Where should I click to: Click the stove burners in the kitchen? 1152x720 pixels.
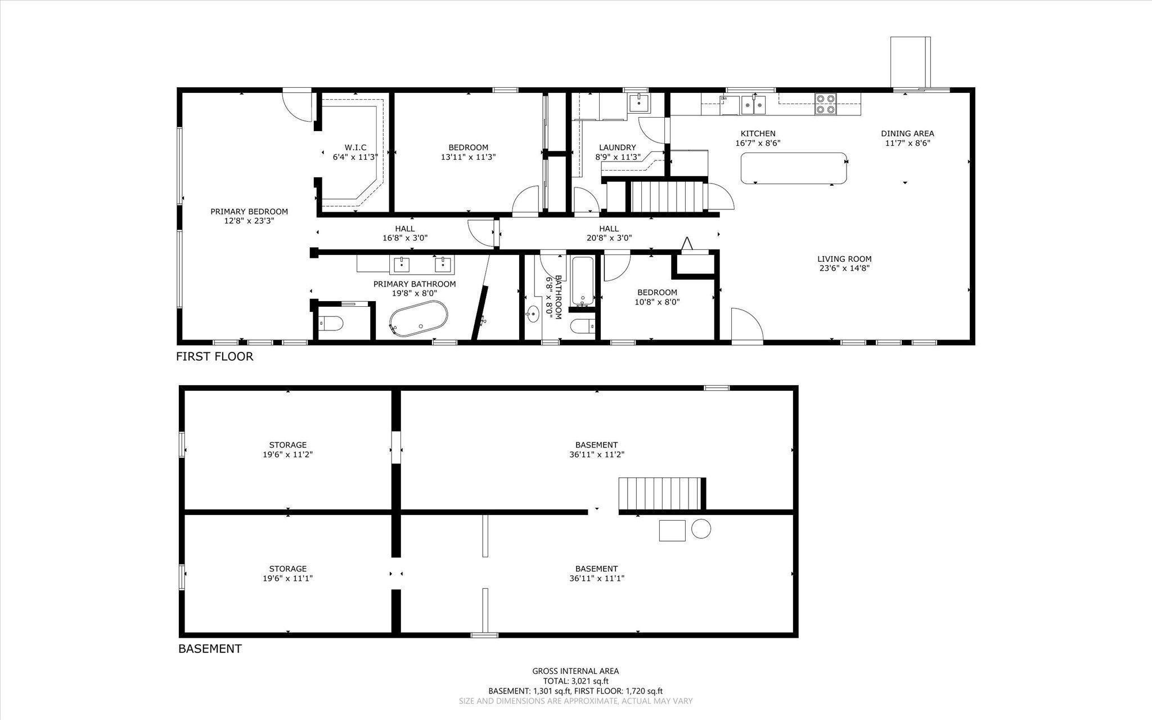[825, 104]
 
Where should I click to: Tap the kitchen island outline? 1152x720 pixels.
[794, 168]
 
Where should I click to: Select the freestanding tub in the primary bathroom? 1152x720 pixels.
[418, 319]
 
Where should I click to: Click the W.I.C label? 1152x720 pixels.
[355, 147]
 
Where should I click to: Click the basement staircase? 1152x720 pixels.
[661, 493]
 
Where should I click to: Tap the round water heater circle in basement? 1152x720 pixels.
[701, 529]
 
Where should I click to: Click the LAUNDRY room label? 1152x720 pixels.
[617, 147]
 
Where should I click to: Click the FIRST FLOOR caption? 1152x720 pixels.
[214, 356]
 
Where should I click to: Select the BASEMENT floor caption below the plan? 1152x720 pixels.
[210, 649]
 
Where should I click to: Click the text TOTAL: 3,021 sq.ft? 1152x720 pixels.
[575, 681]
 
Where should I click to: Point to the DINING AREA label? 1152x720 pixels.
[907, 133]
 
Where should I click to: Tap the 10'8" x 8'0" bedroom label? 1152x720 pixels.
[657, 302]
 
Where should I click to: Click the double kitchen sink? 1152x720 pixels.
[753, 104]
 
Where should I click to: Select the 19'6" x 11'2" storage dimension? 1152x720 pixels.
[287, 454]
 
